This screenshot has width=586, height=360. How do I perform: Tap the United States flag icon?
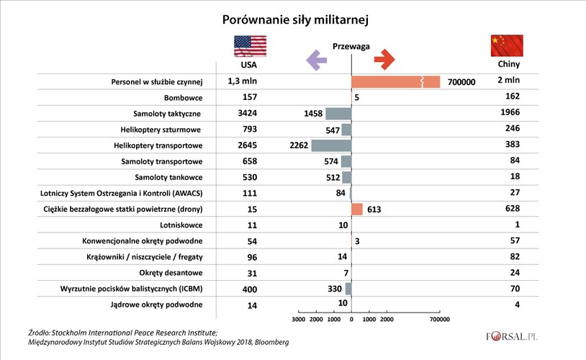point(250,45)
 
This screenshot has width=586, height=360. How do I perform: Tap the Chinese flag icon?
point(506,45)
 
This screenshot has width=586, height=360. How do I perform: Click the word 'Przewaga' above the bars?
point(351,46)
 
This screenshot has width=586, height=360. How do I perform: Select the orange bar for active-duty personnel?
point(395,81)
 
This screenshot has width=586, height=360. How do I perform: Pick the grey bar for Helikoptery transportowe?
point(331,145)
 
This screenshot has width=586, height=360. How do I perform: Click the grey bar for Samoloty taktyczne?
point(338,113)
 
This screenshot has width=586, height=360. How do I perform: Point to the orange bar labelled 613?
point(357,210)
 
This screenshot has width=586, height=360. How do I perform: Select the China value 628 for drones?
point(509,209)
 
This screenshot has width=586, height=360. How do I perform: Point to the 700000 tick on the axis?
point(439,319)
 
